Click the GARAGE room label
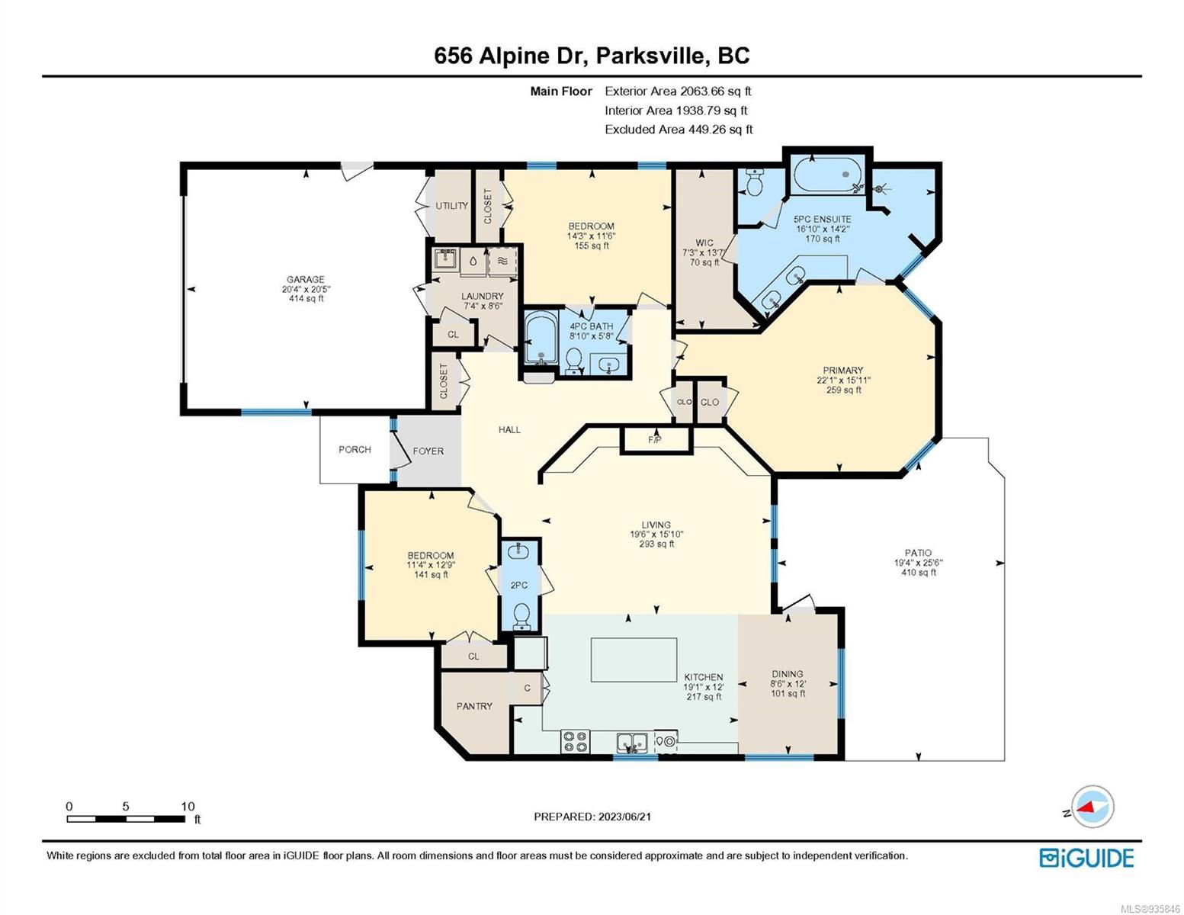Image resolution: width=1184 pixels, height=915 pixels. [306, 279]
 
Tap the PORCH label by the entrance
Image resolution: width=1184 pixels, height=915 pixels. [355, 449]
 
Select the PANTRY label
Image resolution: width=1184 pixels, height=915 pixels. [474, 706]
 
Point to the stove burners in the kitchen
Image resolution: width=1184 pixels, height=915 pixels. [576, 741]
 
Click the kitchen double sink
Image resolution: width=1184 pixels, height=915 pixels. [631, 742]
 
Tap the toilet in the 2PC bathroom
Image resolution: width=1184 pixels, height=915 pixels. [521, 615]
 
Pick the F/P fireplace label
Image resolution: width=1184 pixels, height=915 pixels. [655, 439]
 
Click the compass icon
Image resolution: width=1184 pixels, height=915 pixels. [1093, 807]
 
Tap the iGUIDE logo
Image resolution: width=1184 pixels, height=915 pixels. [1086, 857]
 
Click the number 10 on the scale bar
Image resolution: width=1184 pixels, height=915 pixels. [188, 806]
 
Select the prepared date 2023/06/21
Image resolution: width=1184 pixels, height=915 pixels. [624, 817]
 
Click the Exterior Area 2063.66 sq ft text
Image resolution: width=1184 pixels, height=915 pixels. [678, 91]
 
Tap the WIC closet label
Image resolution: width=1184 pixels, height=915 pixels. [704, 242]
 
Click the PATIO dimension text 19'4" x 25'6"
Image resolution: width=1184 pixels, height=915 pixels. [918, 563]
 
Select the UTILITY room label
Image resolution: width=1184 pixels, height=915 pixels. [451, 205]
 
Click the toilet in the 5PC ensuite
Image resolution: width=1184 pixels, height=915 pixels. [755, 182]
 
